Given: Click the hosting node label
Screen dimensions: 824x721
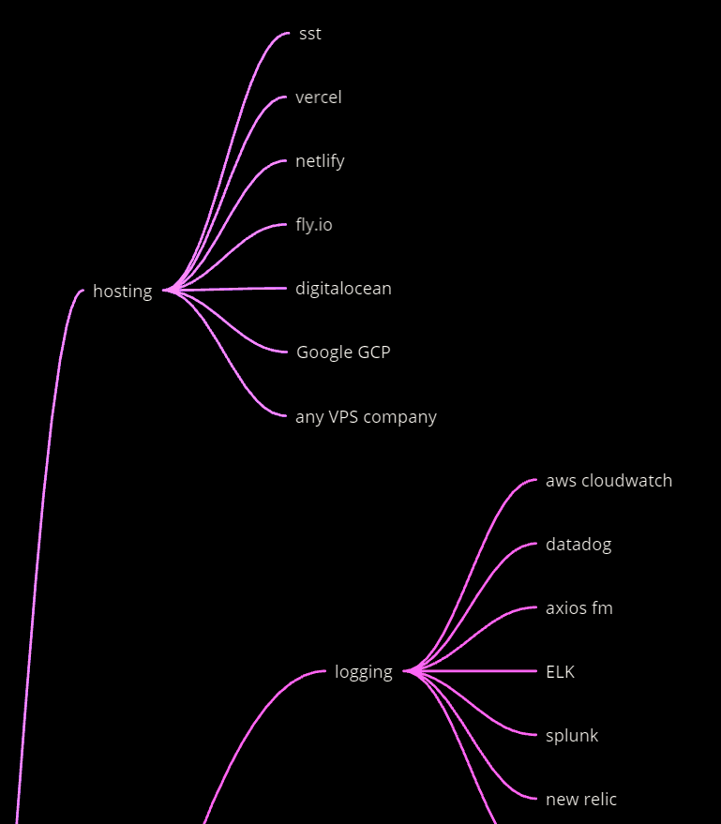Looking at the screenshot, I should pos(122,292).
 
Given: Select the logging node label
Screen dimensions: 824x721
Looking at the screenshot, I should pos(363,672).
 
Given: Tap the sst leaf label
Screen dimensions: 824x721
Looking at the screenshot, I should pos(309,34).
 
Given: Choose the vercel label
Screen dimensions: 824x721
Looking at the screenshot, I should pos(318,97).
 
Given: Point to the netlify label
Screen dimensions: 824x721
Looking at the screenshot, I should pos(320,161).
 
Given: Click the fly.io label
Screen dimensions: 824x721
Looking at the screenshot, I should pos(313,225).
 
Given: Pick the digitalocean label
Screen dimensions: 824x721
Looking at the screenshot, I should pos(343,289).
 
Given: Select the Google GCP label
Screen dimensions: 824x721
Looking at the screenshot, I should pos(343,352).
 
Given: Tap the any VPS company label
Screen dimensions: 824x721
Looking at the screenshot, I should pos(366,417).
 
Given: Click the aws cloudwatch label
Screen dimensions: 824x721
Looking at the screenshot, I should pos(608,481).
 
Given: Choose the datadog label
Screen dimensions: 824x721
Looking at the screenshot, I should pos(578,545).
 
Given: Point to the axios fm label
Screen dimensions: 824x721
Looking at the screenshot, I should pos(578,608).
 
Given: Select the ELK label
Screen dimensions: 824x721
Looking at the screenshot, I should pos(560,672).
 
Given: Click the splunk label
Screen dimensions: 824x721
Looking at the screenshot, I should pos(572,736).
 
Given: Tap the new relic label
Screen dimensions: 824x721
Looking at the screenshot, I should pos(581,800).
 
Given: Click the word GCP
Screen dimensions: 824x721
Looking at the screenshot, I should pos(373,352).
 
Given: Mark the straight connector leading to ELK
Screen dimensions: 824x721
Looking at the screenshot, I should pos(478,671).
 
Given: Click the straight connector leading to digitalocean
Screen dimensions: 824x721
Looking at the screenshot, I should pos(230,290).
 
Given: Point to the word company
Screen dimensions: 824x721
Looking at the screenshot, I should pos(399,417).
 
